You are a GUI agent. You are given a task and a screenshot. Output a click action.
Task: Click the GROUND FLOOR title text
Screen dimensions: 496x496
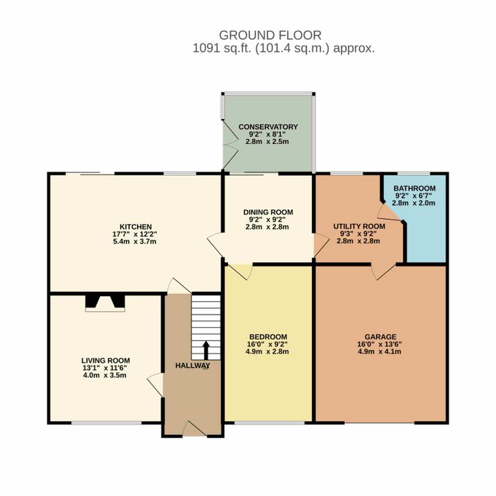pyautogui.click(x=270, y=35)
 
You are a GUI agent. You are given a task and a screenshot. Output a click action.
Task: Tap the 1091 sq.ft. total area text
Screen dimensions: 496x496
pyautogui.click(x=283, y=48)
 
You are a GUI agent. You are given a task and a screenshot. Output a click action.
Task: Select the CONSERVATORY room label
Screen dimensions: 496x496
pyautogui.click(x=268, y=127)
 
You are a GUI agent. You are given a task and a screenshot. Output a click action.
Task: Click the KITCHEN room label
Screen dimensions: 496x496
pyautogui.click(x=135, y=227)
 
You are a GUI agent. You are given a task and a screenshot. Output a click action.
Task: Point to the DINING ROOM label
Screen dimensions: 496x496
pyautogui.click(x=268, y=212)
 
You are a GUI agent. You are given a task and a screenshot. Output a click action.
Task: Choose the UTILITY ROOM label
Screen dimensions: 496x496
pyautogui.click(x=359, y=226)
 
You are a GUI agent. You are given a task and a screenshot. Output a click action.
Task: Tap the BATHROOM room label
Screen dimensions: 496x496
pyautogui.click(x=415, y=188)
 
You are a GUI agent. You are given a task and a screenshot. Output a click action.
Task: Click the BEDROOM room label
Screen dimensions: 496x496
pyautogui.click(x=268, y=337)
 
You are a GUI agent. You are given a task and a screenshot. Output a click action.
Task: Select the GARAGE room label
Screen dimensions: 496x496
pyautogui.click(x=381, y=337)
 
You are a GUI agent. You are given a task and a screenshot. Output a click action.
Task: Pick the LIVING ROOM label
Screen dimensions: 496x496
pyautogui.click(x=106, y=361)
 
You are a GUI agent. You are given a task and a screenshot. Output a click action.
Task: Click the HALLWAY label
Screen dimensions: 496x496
pyautogui.click(x=193, y=366)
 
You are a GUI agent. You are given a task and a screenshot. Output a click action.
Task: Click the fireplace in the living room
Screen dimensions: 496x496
pyautogui.click(x=105, y=303)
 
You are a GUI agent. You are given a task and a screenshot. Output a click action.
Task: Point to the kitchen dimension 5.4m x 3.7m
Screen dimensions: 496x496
pyautogui.click(x=135, y=242)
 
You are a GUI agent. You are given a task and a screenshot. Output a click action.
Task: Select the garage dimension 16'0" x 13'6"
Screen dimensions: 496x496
pyautogui.click(x=380, y=344)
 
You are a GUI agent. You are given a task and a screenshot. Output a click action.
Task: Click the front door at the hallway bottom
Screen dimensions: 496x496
pyautogui.click(x=195, y=429)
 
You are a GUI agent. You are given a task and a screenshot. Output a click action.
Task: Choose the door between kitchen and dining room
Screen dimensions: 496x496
pyautogui.click(x=215, y=245)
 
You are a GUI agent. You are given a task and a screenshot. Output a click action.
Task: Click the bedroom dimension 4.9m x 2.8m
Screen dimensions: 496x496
pyautogui.click(x=267, y=351)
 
